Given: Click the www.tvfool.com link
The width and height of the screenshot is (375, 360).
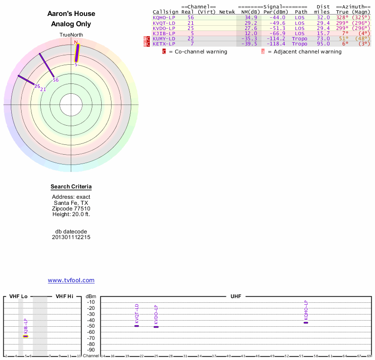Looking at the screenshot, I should coord(71,280).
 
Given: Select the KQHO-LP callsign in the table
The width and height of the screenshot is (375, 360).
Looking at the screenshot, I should coord(164,17).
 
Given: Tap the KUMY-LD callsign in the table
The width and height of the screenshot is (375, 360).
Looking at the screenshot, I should coord(164,38).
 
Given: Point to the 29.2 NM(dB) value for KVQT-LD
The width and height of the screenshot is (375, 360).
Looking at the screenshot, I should coord(251,22).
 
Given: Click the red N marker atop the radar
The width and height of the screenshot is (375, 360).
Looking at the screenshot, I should coord(76,42).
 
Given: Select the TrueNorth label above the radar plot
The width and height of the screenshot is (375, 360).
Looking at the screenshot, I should coord(71,35).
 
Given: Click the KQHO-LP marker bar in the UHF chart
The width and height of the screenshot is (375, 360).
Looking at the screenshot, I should coord(306,322).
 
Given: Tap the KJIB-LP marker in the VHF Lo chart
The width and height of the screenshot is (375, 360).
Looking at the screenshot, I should coord(26,336).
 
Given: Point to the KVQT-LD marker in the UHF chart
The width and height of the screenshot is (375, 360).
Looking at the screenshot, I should coord(137,325).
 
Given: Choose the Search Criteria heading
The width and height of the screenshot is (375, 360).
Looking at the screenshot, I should coord(71,187).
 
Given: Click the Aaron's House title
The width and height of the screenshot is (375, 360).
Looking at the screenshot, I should coord(71,14).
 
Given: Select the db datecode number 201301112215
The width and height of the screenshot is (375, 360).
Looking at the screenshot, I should coord(71,237).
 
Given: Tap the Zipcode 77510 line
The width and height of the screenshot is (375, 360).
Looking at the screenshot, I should coord(71,209).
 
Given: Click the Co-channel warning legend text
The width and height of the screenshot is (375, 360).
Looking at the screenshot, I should coord(201,52).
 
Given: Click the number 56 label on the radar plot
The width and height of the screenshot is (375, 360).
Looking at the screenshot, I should coord(55,80).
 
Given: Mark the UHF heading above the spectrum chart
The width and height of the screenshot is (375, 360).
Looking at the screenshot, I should coord(235,296).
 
